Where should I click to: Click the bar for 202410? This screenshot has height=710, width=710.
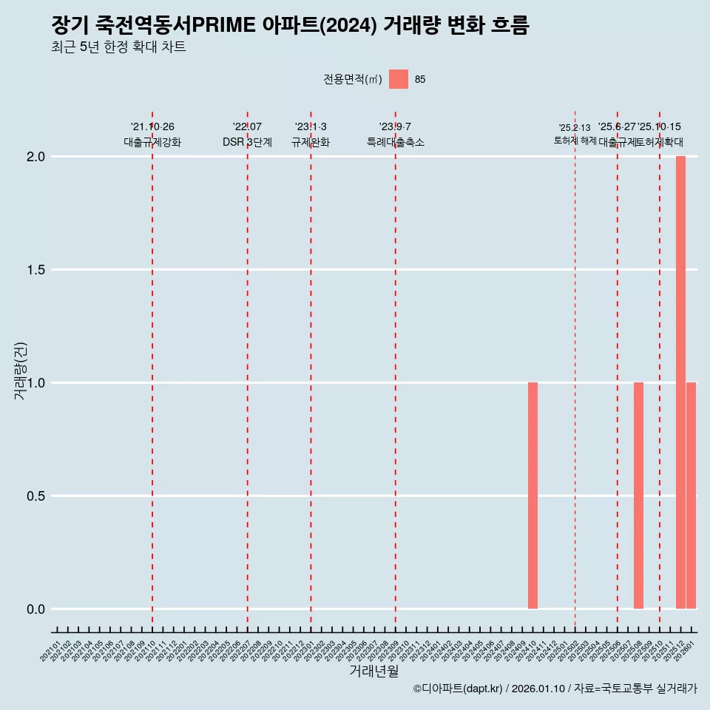click(x=532, y=496)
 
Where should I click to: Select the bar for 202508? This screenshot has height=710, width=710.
click(x=638, y=496)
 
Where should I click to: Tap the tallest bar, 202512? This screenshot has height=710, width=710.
click(x=680, y=382)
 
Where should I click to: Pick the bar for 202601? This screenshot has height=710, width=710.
click(x=691, y=496)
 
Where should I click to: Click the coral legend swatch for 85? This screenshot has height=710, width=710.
click(x=399, y=79)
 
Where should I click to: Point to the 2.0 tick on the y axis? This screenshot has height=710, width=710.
click(x=37, y=157)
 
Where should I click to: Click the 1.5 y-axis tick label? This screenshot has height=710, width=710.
click(x=37, y=270)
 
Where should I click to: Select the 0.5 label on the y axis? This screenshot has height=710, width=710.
click(x=37, y=496)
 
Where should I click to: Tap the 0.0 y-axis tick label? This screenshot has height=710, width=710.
click(x=37, y=609)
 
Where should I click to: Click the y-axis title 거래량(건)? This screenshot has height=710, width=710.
click(x=20, y=370)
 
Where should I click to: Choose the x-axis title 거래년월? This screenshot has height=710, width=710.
click(x=373, y=672)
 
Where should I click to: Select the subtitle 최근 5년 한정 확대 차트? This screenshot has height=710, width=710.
click(x=118, y=47)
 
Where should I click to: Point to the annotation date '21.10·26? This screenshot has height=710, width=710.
click(x=152, y=127)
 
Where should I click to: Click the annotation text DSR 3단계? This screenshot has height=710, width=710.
click(x=247, y=143)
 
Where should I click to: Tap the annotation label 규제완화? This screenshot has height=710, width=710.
click(x=311, y=143)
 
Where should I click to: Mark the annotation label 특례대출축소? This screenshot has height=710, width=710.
click(x=396, y=143)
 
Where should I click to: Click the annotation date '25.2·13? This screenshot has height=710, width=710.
click(x=575, y=128)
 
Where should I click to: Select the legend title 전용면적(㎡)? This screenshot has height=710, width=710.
click(x=353, y=80)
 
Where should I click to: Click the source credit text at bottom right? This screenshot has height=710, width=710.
click(x=555, y=689)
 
